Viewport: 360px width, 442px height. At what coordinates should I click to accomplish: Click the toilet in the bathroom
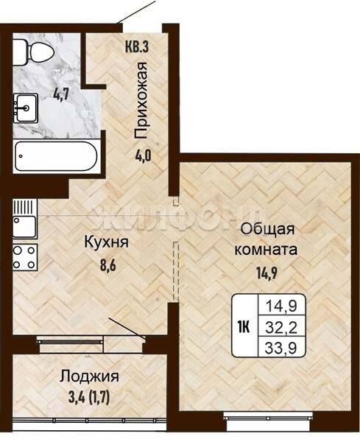point(33,52)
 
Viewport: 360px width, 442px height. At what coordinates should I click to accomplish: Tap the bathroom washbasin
point(25,108)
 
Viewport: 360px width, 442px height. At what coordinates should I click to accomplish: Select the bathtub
point(57,156)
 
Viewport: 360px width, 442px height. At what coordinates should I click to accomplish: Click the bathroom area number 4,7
point(61,95)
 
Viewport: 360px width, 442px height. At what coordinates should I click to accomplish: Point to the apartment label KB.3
point(137,47)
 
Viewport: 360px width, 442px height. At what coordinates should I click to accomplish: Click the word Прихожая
point(141,100)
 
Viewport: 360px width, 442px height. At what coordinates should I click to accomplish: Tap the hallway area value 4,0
point(143,155)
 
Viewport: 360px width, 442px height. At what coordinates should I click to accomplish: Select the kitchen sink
point(25,219)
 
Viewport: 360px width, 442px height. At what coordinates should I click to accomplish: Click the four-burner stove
point(25,257)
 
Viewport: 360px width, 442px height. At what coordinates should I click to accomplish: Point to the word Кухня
point(107,242)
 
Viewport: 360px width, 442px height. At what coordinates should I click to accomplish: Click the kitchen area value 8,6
point(108,265)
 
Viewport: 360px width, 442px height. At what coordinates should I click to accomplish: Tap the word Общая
point(267,230)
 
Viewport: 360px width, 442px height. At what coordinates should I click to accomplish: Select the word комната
point(266,250)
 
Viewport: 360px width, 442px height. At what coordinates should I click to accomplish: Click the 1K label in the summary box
point(244,328)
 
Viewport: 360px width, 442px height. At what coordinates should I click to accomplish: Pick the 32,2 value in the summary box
point(281,328)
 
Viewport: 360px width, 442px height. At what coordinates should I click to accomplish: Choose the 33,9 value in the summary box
point(281,348)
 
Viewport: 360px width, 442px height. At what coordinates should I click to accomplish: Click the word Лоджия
point(89,377)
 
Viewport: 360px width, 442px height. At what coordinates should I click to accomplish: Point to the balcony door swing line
point(127,328)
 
